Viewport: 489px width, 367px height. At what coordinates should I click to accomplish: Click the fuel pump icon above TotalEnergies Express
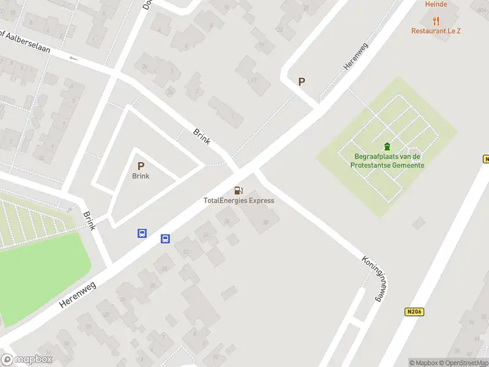point(238,190)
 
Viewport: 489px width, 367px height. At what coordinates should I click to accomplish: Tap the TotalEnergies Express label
point(238,201)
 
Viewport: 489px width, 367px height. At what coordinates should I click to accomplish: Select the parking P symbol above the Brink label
point(141,166)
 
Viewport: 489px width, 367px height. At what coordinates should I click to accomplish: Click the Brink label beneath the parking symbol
point(141,176)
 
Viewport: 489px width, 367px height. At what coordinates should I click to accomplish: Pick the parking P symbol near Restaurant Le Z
point(301,81)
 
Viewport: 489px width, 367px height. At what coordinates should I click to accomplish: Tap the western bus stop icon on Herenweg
point(142,233)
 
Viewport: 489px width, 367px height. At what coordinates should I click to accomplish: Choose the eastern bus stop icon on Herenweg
point(165,239)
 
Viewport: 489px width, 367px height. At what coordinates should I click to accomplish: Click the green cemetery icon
point(386,146)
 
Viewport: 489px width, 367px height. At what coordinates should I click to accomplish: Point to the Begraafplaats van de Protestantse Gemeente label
point(389,161)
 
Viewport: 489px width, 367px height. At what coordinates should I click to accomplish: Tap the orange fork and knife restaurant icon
point(436,20)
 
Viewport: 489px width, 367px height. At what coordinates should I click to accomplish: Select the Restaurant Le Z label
point(436,31)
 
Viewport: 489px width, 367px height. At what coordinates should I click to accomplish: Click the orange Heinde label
point(436,4)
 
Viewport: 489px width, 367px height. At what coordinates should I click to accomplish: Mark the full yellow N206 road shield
point(414,312)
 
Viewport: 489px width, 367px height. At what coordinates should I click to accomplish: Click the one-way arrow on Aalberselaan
point(74,59)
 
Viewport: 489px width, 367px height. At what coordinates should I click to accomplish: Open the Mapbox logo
point(26,360)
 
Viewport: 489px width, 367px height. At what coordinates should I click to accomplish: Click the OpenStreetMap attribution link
point(462,363)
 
